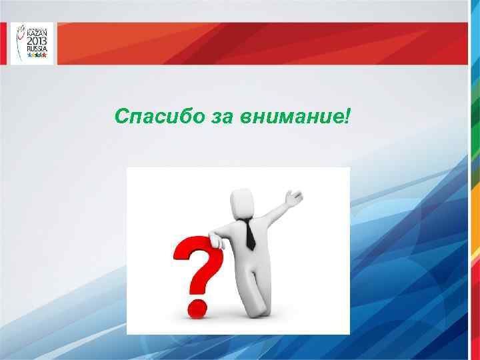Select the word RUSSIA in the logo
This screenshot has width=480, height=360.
point(36,49)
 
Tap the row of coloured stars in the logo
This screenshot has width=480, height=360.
point(36,55)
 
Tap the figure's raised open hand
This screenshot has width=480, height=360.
point(293,197)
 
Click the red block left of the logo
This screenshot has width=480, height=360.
point(5,43)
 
